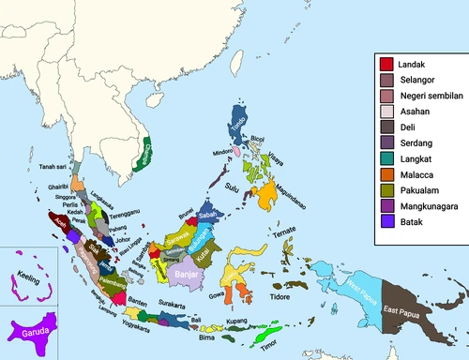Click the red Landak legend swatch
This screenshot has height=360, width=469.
point(386,64)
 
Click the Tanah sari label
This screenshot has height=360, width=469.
point(57,168)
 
